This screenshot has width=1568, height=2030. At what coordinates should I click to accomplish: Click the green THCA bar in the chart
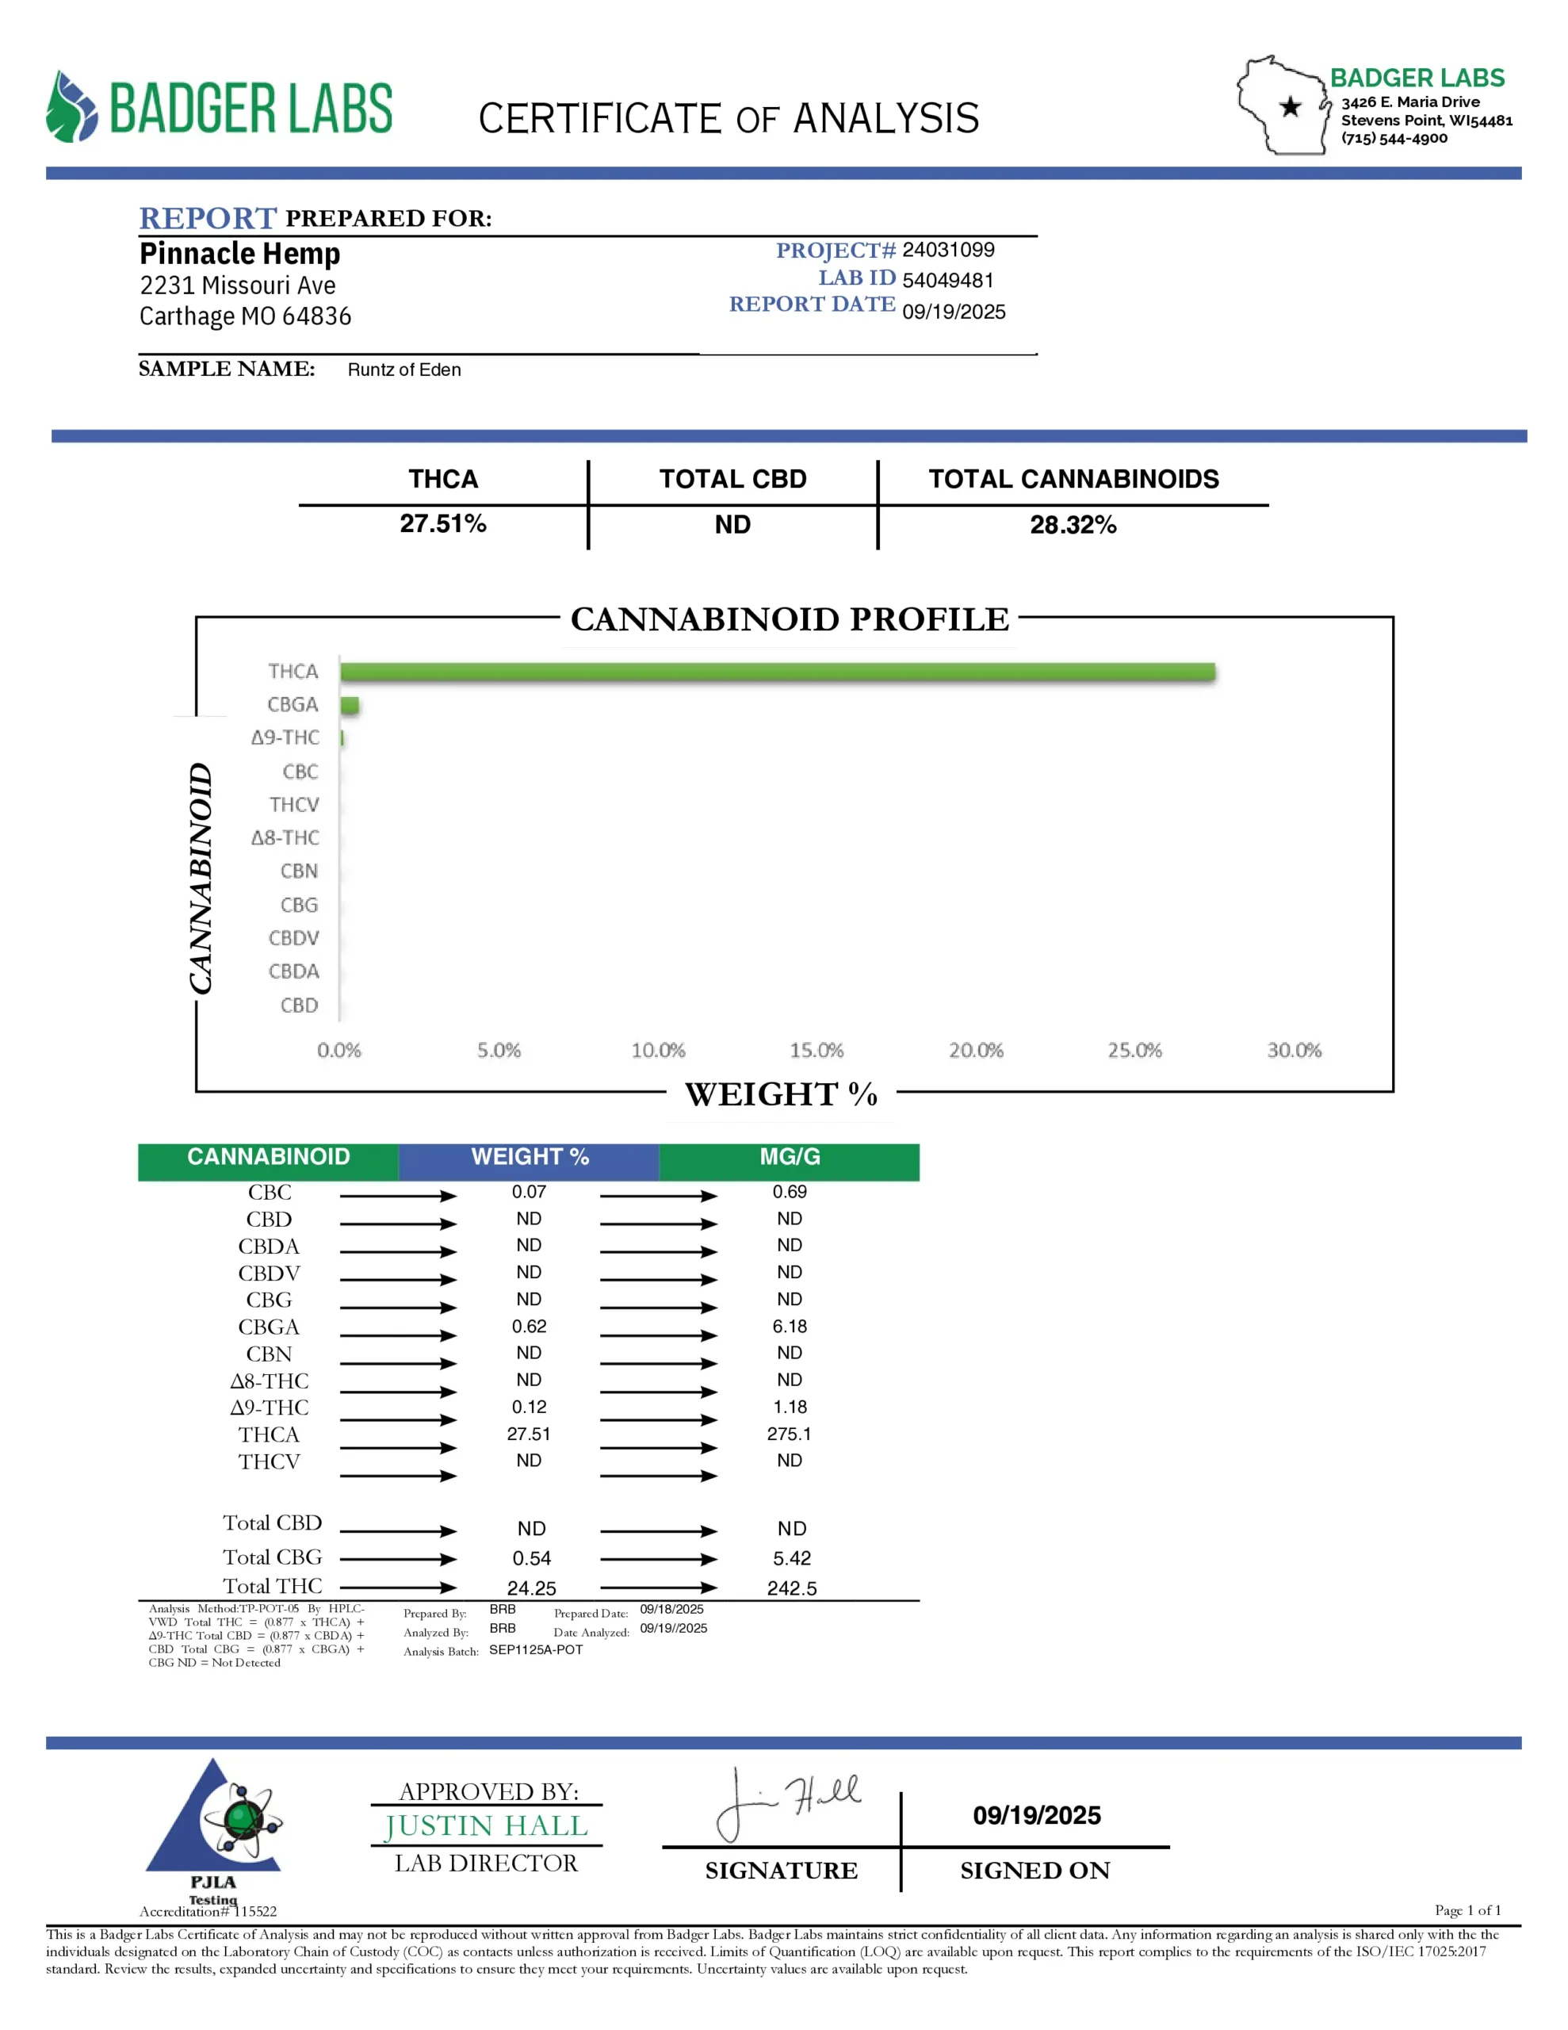click(777, 672)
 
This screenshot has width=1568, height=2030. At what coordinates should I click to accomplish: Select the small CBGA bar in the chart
click(350, 706)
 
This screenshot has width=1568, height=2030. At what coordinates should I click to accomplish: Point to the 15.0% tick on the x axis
click(816, 1051)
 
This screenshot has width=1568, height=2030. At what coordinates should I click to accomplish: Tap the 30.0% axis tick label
click(1294, 1051)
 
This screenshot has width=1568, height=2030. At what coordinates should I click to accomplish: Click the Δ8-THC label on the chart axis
click(285, 837)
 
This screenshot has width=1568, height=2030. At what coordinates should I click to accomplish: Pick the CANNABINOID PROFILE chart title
click(789, 619)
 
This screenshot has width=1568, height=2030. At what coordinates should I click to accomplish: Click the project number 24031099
click(948, 250)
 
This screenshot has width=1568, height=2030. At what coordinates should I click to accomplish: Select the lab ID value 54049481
click(948, 280)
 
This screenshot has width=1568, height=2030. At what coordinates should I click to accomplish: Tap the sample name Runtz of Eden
click(404, 370)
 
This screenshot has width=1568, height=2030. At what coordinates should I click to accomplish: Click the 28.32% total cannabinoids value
click(1073, 525)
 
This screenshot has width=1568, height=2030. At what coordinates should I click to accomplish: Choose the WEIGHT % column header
click(529, 1157)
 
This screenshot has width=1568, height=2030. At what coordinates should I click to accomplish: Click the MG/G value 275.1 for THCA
click(789, 1434)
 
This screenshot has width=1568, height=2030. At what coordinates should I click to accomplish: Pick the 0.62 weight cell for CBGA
click(529, 1327)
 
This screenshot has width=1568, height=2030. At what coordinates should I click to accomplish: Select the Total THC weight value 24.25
click(532, 1588)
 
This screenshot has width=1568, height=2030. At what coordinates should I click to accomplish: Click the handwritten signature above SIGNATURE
click(786, 1804)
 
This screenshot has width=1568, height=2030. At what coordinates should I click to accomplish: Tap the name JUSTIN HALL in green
click(486, 1826)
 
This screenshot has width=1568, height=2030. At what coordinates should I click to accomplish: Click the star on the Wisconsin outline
click(1290, 107)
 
